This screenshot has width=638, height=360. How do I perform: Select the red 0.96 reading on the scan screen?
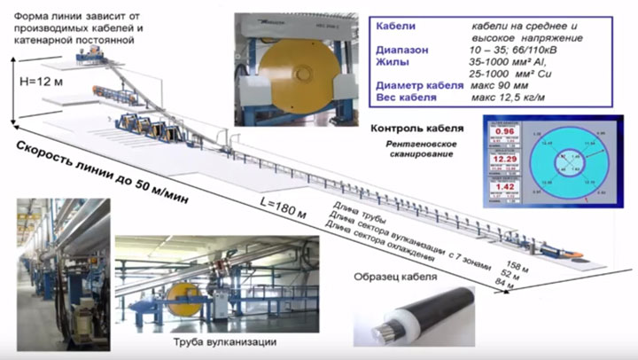pyautogui.click(x=504, y=132)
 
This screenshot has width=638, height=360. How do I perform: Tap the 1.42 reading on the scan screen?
pyautogui.click(x=504, y=188)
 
